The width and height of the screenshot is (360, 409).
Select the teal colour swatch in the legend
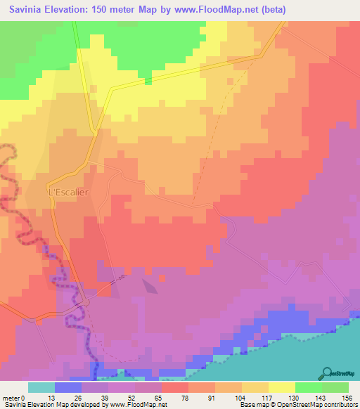pyautogui.click(x=41, y=387)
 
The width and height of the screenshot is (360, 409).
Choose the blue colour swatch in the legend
pyautogui.click(x=67, y=387)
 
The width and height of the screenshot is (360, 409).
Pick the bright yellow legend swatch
pyautogui.click(x=281, y=387)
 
